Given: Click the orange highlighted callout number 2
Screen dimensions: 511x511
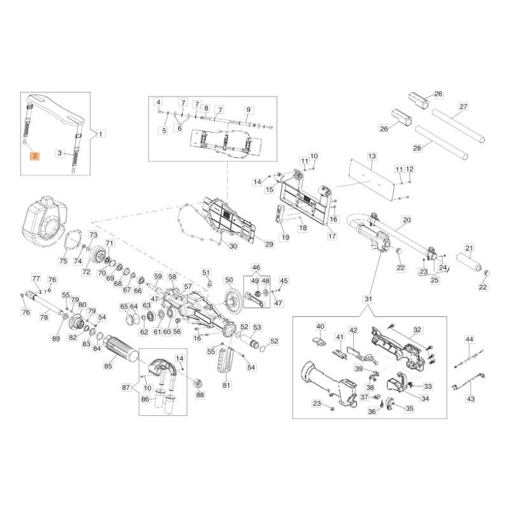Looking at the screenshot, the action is [x=34, y=156].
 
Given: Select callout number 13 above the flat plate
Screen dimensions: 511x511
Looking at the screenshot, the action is [x=372, y=156].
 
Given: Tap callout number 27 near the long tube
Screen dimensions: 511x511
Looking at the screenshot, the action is [x=463, y=107].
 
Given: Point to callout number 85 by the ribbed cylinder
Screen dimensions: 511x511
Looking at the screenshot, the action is [x=108, y=365].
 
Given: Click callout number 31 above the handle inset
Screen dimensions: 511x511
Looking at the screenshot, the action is [x=368, y=299].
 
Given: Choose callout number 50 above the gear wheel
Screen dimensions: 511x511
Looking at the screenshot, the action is [x=229, y=280].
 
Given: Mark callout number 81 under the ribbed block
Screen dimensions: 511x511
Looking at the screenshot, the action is [x=227, y=385].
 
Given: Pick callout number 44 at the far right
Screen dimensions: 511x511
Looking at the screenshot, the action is [x=469, y=340].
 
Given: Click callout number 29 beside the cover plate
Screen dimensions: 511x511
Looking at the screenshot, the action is [x=269, y=244].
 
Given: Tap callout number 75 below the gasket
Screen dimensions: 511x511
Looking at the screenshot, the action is [x=63, y=261].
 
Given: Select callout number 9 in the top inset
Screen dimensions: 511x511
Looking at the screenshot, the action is [x=248, y=110].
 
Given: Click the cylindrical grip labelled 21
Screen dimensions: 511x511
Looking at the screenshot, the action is [x=469, y=263].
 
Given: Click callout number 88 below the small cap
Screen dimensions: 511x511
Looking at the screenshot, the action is [x=200, y=395].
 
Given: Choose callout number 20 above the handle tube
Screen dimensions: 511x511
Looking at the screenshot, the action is [x=407, y=220].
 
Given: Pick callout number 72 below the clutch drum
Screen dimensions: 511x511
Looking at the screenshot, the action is [x=86, y=271].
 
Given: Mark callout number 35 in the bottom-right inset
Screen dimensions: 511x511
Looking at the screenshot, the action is [x=409, y=409].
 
